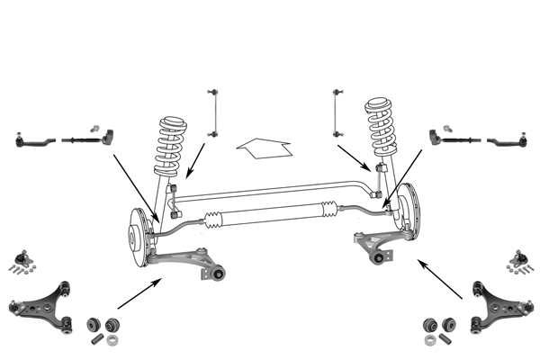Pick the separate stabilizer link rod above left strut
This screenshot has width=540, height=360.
(212, 112)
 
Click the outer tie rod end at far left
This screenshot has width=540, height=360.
(31, 140)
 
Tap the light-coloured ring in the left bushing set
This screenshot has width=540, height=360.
(112, 340)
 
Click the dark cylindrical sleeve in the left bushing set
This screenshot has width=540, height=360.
(94, 340)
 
